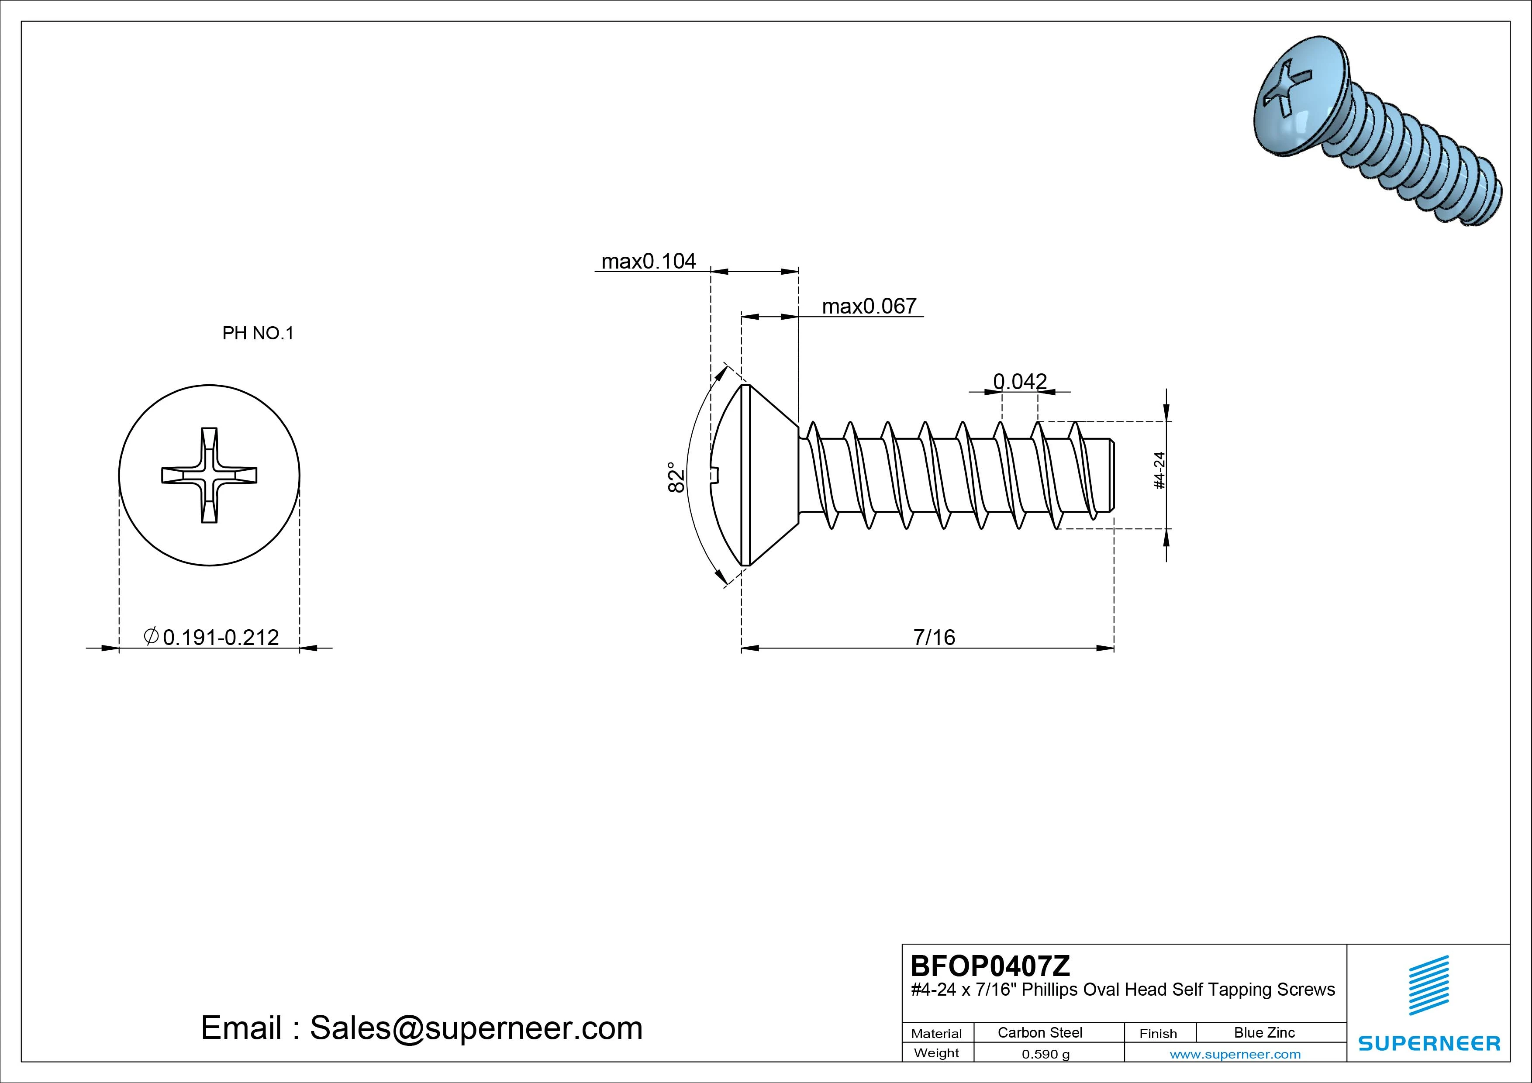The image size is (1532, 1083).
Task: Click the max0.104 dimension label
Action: click(x=648, y=261)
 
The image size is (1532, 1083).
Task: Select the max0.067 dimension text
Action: click(x=869, y=306)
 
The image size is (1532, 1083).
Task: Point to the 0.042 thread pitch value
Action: click(x=1020, y=381)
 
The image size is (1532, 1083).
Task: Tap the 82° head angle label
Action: click(x=676, y=477)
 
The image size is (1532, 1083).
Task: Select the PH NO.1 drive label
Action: click(x=258, y=333)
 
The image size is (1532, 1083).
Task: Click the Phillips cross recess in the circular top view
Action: click(x=209, y=475)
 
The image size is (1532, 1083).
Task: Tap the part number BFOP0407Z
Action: click(x=990, y=966)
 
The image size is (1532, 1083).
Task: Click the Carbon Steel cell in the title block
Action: click(x=1039, y=1032)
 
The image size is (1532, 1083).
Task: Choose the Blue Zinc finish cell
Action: click(x=1264, y=1032)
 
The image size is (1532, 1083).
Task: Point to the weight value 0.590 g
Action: click(x=1045, y=1054)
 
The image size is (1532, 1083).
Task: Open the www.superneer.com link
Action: click(x=1235, y=1054)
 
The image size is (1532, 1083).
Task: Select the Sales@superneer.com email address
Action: click(x=476, y=1028)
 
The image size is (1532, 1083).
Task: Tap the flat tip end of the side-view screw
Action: click(x=1112, y=475)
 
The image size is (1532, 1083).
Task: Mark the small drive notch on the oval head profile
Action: click(x=714, y=474)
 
